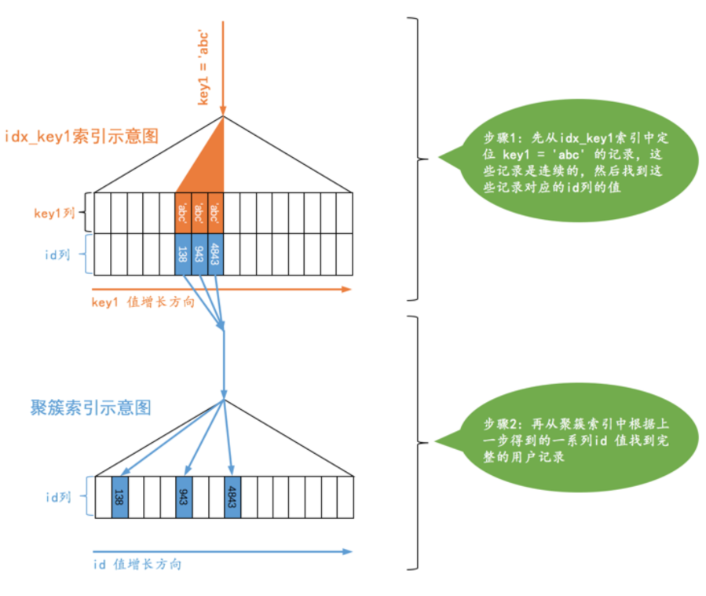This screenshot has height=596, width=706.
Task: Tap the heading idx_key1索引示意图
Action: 82,136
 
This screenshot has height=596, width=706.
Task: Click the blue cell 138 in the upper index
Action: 183,254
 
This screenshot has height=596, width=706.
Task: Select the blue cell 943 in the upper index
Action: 199,254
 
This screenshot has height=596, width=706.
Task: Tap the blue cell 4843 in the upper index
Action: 216,254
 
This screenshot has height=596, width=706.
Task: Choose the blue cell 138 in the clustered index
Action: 119,497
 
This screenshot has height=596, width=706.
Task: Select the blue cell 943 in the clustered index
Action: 184,497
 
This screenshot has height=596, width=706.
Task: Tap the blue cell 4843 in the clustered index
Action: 232,497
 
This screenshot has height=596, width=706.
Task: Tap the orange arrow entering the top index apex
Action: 225,67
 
